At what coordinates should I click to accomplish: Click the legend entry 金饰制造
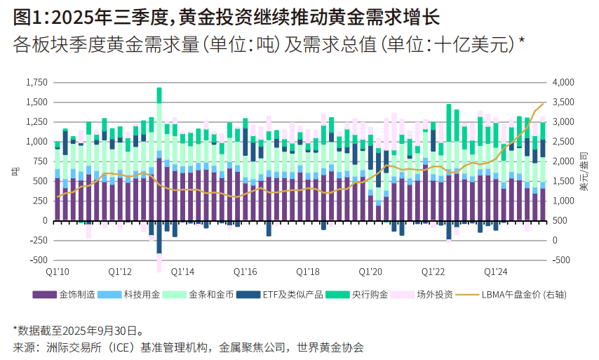tap(73, 295)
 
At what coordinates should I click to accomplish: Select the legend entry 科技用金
tap(137, 295)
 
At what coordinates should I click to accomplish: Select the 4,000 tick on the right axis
tap(564, 83)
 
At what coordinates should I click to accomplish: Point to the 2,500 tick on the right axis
tap(564, 142)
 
